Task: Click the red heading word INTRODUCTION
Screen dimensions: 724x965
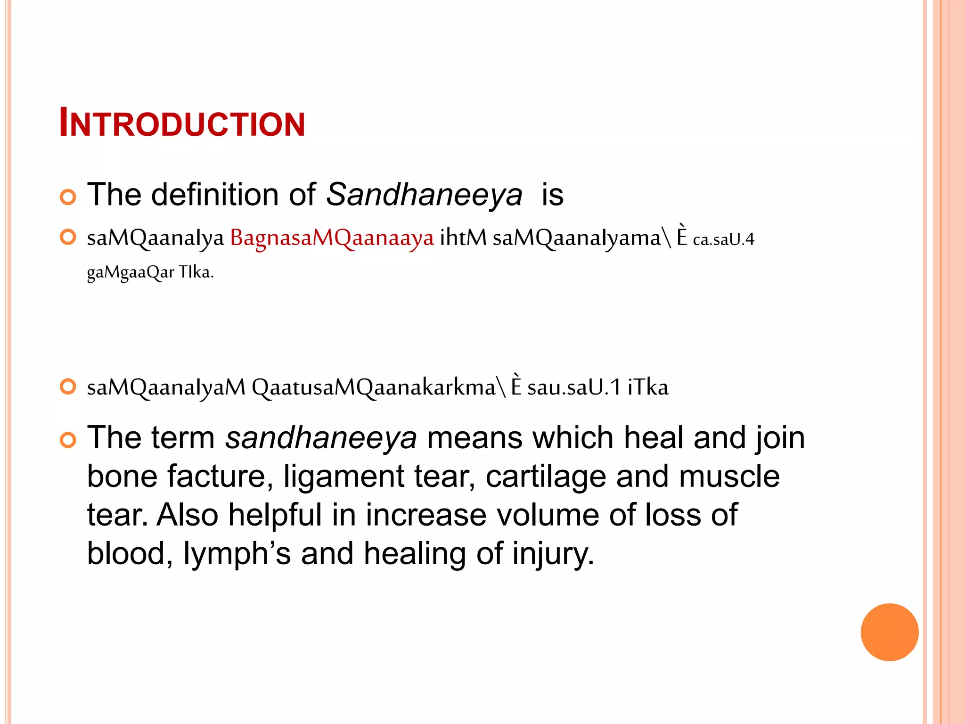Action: [x=182, y=123]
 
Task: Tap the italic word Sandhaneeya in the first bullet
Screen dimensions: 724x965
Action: [x=424, y=195]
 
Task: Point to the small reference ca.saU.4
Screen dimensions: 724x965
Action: [x=723, y=239]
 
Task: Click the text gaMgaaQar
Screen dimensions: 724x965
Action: [x=130, y=272]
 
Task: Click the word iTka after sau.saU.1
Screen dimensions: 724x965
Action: [x=648, y=387]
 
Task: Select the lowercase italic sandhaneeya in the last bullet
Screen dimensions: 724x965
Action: [x=321, y=438]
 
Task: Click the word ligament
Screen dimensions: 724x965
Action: [x=343, y=476]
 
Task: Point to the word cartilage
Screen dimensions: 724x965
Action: [x=546, y=476]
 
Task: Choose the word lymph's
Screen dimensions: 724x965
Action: [x=237, y=553]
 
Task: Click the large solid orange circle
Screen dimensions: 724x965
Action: [x=889, y=632]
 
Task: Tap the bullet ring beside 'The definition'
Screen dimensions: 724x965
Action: [x=68, y=197]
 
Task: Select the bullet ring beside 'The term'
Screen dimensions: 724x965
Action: [x=68, y=440]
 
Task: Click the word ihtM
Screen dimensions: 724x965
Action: [x=463, y=238]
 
